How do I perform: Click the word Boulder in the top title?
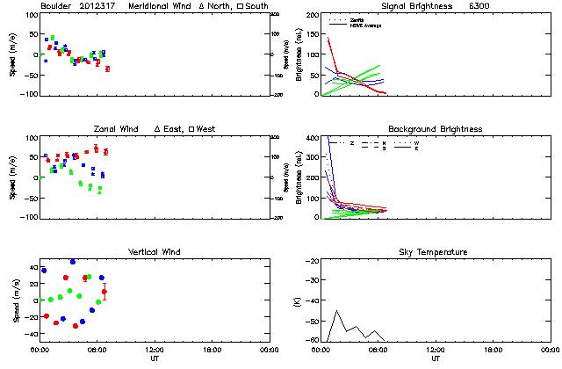coord(55,6)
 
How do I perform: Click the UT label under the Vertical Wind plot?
coord(154,358)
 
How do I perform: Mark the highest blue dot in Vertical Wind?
coord(73,262)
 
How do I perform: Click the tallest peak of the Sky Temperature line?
coord(337,310)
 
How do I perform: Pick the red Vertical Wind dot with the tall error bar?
coord(104,292)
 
